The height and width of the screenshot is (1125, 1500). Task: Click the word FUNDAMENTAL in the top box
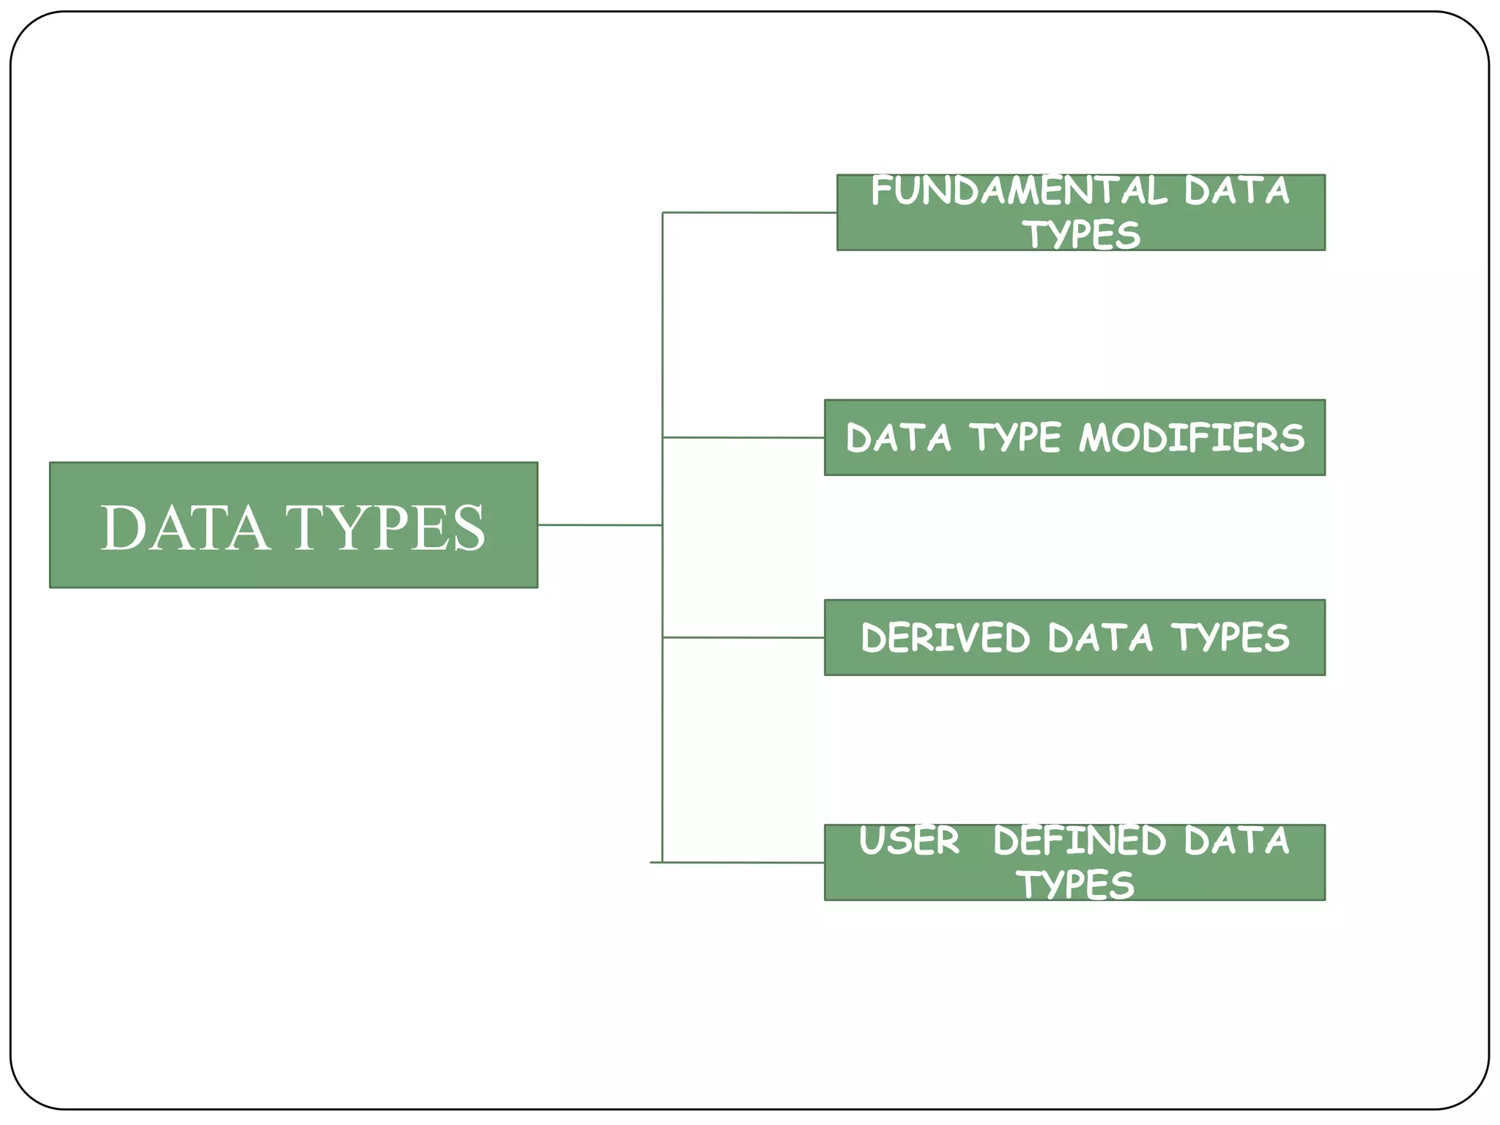[x=1018, y=191]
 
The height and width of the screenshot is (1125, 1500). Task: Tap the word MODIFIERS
[x=1192, y=438]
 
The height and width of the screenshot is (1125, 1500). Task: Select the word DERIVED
[x=945, y=638]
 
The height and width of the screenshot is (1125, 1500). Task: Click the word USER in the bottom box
[x=909, y=841]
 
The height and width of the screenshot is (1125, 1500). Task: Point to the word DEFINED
[x=1079, y=841]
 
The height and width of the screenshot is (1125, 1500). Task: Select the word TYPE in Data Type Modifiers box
[x=1015, y=438]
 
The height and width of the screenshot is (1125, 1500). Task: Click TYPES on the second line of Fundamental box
[x=1081, y=235]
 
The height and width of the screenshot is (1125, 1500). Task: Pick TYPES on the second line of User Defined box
[x=1074, y=885]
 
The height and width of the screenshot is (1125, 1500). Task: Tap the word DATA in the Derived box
[x=1100, y=638]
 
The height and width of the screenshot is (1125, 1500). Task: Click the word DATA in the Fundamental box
[x=1236, y=191]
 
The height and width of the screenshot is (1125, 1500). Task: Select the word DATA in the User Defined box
[x=1236, y=841]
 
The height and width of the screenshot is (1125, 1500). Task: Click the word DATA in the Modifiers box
[x=899, y=438]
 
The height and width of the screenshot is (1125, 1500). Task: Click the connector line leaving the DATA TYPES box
[x=600, y=525]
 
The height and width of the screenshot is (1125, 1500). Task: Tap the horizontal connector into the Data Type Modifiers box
[x=743, y=437]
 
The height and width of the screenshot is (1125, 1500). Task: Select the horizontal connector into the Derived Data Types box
[x=743, y=638]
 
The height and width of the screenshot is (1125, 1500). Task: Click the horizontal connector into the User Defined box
[x=743, y=863]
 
